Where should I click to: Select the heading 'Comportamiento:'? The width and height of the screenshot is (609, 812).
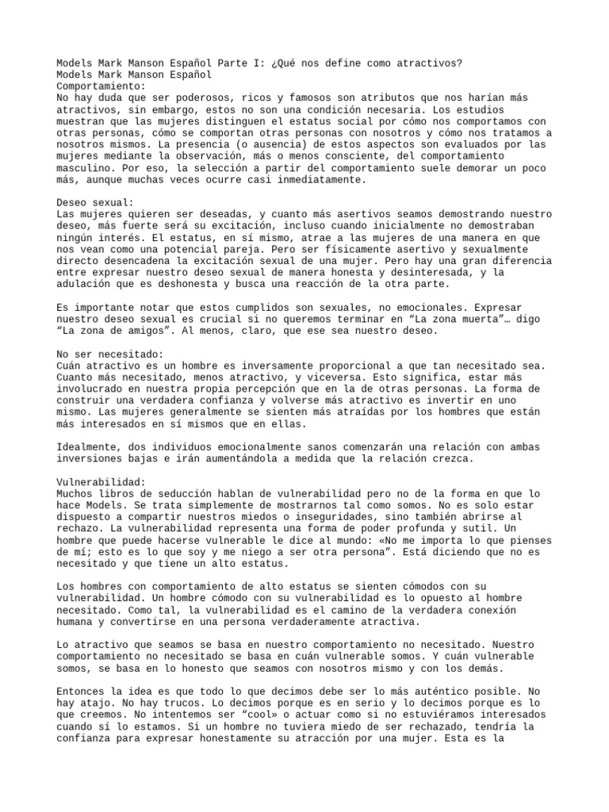pos(101,86)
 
